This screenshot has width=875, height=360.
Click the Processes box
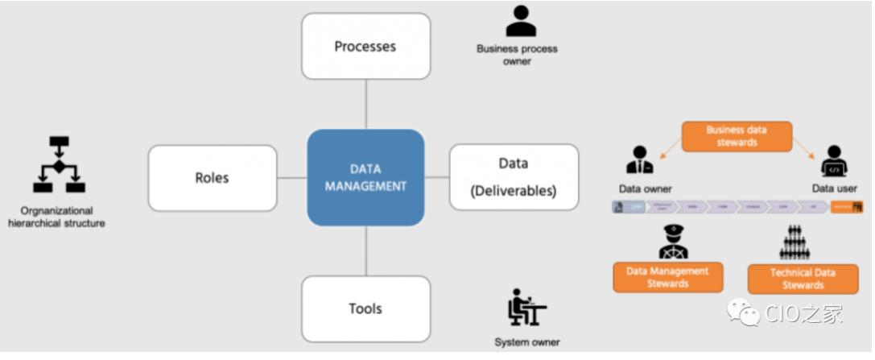(x=366, y=46)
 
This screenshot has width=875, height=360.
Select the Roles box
(x=213, y=178)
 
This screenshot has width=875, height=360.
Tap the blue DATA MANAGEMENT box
(x=366, y=177)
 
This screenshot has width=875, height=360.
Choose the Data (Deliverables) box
(x=514, y=177)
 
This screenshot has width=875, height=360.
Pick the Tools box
(x=366, y=308)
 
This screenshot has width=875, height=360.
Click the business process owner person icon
(x=521, y=22)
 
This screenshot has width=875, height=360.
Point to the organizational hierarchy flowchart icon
(x=59, y=165)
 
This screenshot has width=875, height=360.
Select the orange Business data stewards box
(x=736, y=137)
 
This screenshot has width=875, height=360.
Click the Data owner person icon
(x=641, y=160)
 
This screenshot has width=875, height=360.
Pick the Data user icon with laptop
(x=834, y=161)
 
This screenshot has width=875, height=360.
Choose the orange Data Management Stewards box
(x=668, y=277)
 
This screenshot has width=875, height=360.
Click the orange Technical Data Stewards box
(x=802, y=279)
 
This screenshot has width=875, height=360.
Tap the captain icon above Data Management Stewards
(x=672, y=242)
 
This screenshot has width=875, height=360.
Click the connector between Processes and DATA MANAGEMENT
(x=366, y=105)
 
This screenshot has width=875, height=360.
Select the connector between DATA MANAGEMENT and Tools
(x=366, y=250)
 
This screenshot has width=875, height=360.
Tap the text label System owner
(x=526, y=342)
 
